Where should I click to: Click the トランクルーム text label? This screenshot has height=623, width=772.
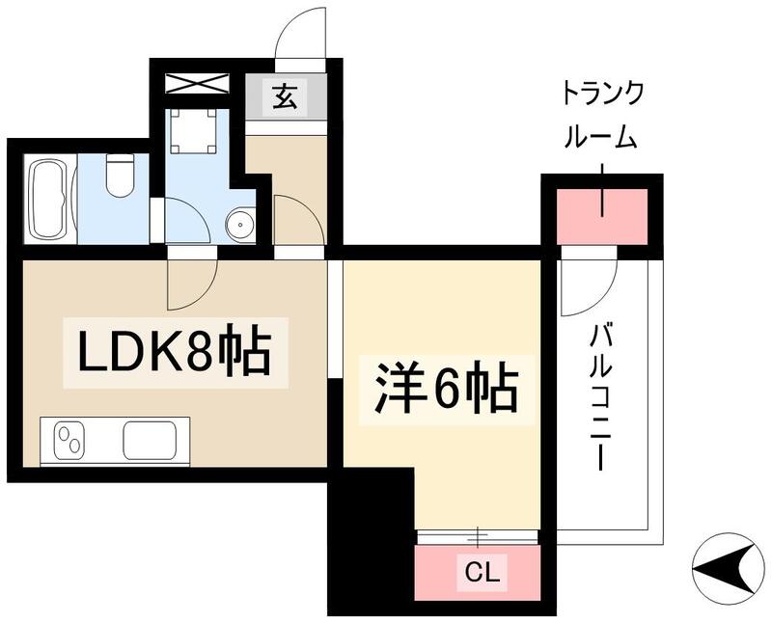[x=603, y=117]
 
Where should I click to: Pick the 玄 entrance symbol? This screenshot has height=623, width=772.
[x=284, y=97]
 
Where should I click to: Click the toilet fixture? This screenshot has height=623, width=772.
[x=120, y=175]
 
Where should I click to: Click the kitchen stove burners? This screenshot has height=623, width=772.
[x=70, y=442]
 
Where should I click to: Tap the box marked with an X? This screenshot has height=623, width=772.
[x=197, y=83]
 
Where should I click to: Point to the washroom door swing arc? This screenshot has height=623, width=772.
[x=186, y=221]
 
